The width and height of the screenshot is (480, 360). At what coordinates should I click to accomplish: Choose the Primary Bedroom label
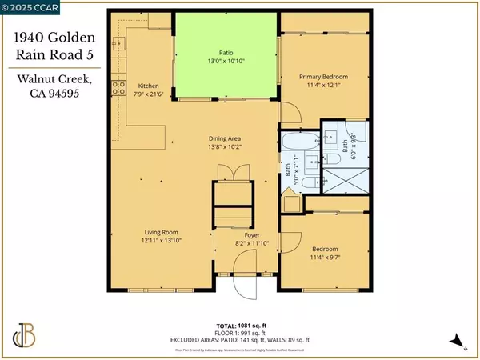(x=320, y=77)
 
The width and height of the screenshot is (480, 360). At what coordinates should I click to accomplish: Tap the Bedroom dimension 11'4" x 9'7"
(x=320, y=258)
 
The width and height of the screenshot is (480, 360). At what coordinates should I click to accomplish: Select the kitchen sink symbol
(x=121, y=48)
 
